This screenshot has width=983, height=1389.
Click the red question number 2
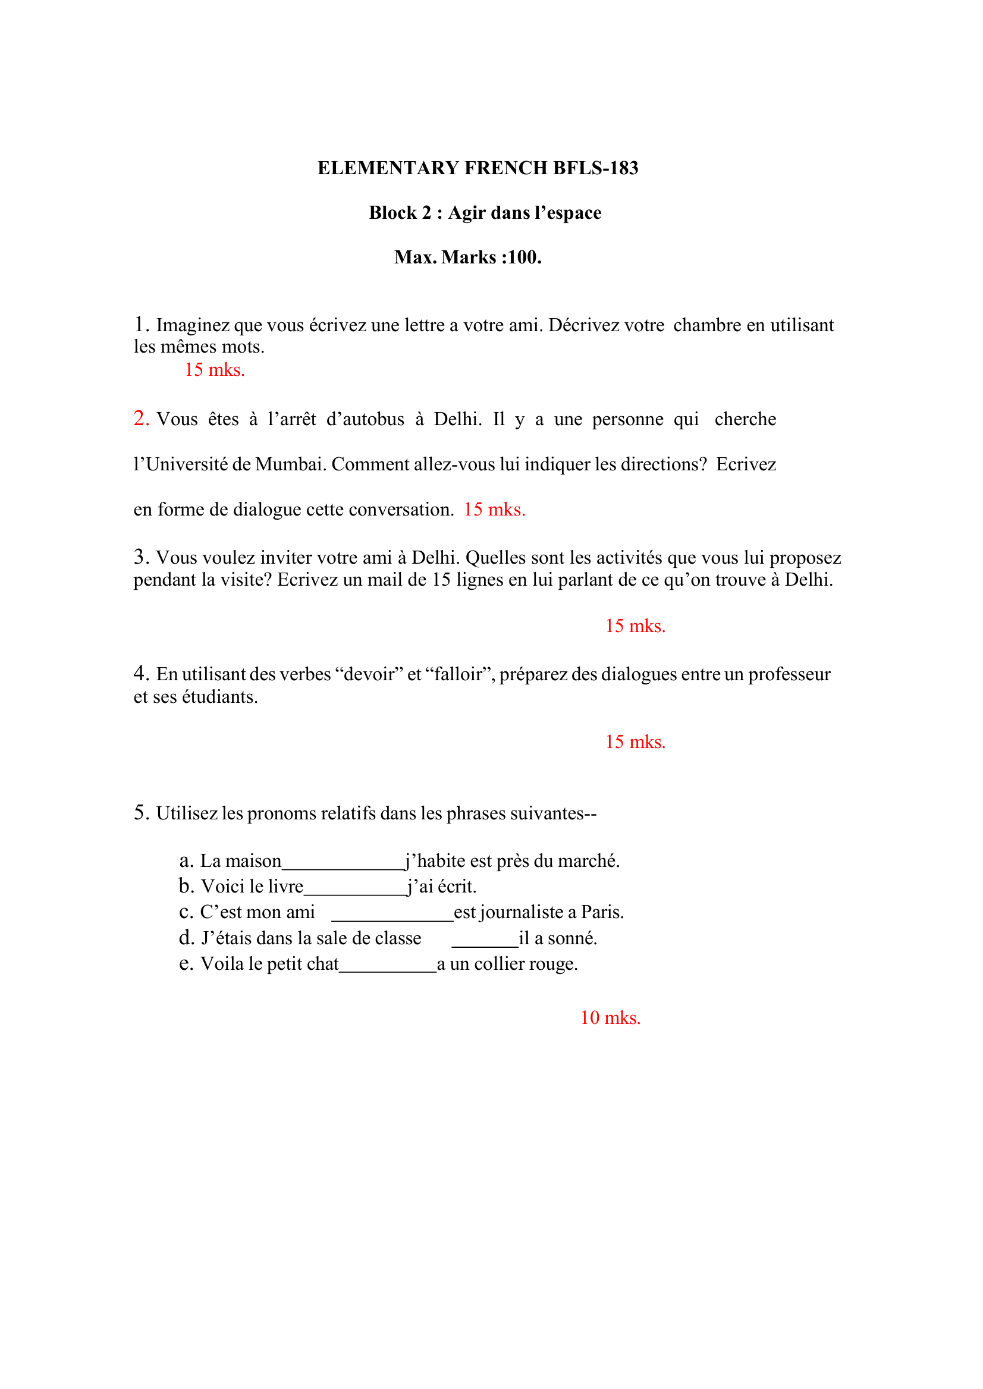pyautogui.click(x=140, y=418)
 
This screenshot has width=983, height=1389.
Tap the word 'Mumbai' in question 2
pyautogui.click(x=291, y=464)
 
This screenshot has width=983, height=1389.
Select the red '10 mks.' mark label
pyautogui.click(x=610, y=1017)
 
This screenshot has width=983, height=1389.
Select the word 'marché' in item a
pyautogui.click(x=592, y=860)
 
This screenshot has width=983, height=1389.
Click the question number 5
pyautogui.click(x=140, y=812)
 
